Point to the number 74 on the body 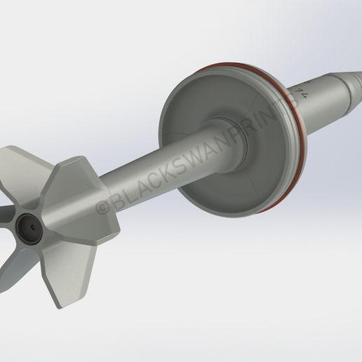(x=303, y=92)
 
